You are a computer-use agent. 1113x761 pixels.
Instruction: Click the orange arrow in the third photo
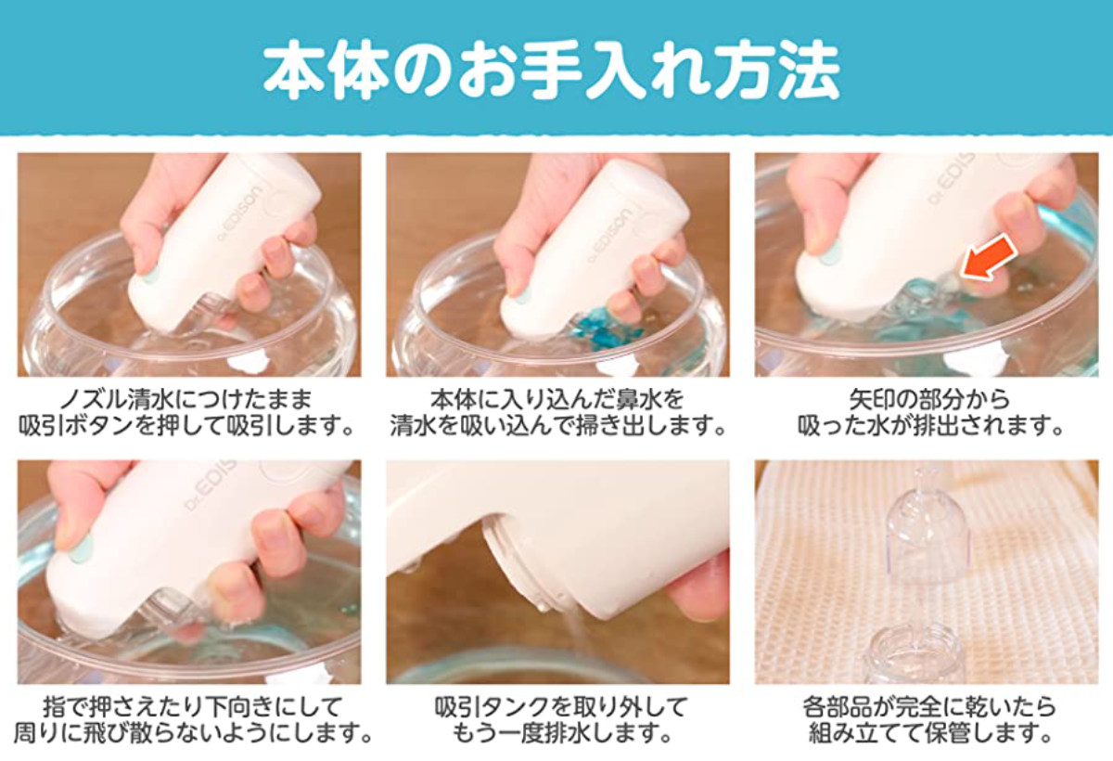[x=989, y=263]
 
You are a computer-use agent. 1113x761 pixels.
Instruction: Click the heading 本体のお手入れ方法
[x=552, y=73]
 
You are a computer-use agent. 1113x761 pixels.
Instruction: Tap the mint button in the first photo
[x=149, y=275]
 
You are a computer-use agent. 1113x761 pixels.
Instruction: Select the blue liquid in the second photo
[x=608, y=326]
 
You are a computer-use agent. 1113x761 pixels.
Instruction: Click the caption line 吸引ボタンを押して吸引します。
[x=185, y=427]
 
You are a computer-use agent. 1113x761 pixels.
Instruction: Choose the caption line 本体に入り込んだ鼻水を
[x=557, y=399]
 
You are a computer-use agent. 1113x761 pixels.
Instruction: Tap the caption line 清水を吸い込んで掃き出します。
[x=557, y=427]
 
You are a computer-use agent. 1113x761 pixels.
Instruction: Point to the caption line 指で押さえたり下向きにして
[x=193, y=706]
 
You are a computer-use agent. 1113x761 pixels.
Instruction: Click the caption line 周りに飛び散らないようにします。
[x=193, y=733]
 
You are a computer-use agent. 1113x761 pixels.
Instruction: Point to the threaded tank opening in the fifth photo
[x=519, y=567]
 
